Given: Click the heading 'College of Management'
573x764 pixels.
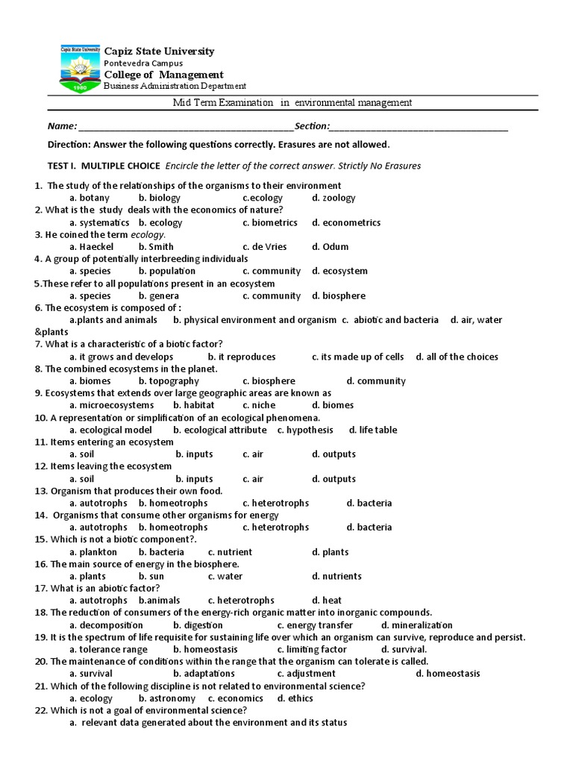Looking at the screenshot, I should point(163,75).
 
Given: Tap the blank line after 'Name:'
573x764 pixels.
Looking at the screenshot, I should point(186,127).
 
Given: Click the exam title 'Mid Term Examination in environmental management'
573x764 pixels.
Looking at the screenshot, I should point(292,103).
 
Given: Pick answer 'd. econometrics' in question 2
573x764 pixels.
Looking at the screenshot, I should point(346,223).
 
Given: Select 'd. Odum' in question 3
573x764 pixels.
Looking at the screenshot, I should point(330,247).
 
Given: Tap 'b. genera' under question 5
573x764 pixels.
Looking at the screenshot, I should point(159,296).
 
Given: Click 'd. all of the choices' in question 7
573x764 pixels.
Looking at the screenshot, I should point(457,357).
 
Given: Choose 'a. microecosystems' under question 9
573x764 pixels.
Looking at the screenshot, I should point(111,406).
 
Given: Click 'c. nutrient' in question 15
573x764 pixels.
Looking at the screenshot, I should point(230,553).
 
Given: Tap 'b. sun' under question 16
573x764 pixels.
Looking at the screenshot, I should point(151,577).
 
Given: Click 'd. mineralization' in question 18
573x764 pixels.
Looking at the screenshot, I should point(416,625).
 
